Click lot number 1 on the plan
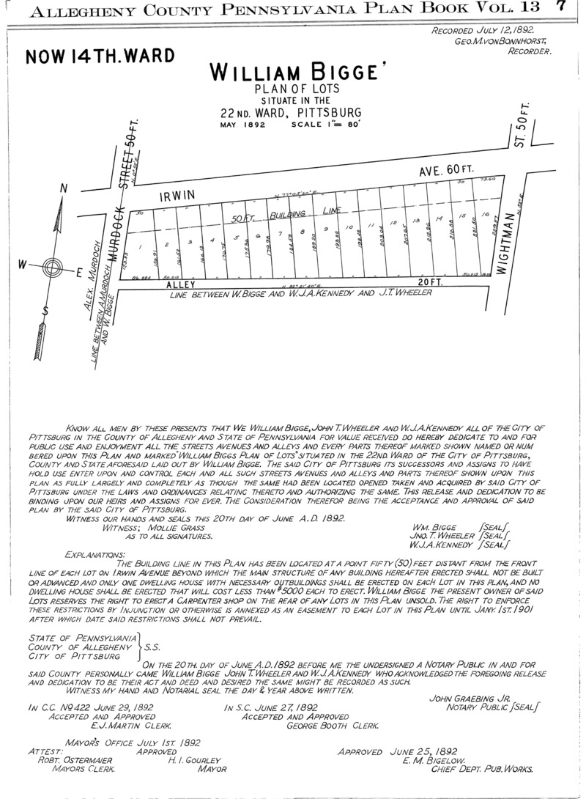[x=139, y=247]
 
